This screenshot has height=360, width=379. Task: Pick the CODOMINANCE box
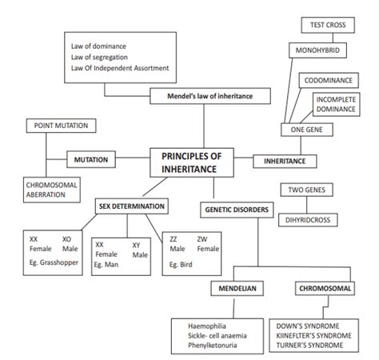pyautogui.click(x=329, y=81)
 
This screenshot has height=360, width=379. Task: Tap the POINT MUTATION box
pyautogui.click(x=62, y=126)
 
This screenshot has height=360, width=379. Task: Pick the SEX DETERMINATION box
pyautogui.click(x=132, y=206)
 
